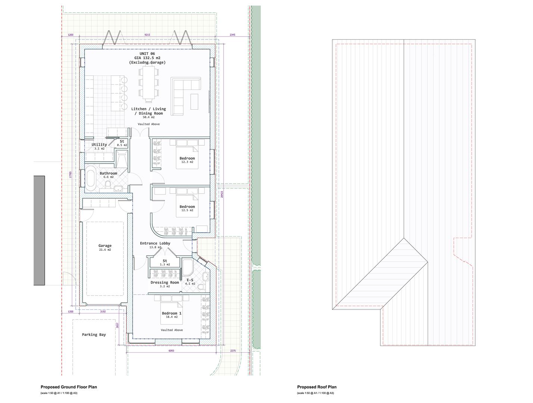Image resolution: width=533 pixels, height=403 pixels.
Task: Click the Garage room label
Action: pyautogui.click(x=105, y=246)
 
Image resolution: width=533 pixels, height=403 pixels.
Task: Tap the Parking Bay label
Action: pyautogui.click(x=94, y=335)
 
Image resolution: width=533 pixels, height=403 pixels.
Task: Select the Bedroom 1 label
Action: pyautogui.click(x=171, y=313)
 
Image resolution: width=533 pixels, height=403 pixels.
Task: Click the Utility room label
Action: pyautogui.click(x=99, y=144)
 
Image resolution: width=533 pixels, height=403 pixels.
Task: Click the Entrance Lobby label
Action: pyautogui.click(x=155, y=243)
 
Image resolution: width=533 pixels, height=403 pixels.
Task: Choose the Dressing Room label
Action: pyautogui.click(x=165, y=282)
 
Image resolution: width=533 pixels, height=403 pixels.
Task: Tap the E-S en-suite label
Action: pyautogui.click(x=190, y=280)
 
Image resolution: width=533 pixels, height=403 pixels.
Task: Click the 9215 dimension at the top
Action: pyautogui.click(x=147, y=35)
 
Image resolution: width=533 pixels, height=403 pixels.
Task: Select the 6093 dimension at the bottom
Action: pyautogui.click(x=171, y=351)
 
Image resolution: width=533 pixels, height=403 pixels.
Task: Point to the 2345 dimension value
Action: pyautogui.click(x=233, y=35)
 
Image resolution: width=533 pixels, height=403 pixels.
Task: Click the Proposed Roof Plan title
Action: pyautogui.click(x=317, y=387)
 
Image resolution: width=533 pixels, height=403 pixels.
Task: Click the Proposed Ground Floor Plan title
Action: pyautogui.click(x=69, y=387)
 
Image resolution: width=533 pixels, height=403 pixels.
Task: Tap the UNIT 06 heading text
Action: pyautogui.click(x=147, y=54)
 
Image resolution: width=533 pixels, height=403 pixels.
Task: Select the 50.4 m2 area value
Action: pyautogui.click(x=149, y=117)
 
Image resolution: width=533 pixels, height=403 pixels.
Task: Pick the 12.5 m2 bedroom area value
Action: pyautogui.click(x=187, y=210)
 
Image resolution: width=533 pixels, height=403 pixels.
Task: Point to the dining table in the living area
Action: pyautogui.click(x=149, y=82)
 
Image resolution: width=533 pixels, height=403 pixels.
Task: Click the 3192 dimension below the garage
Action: pyautogui.click(x=103, y=312)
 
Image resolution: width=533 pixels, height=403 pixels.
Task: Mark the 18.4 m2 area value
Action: pyautogui.click(x=171, y=317)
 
